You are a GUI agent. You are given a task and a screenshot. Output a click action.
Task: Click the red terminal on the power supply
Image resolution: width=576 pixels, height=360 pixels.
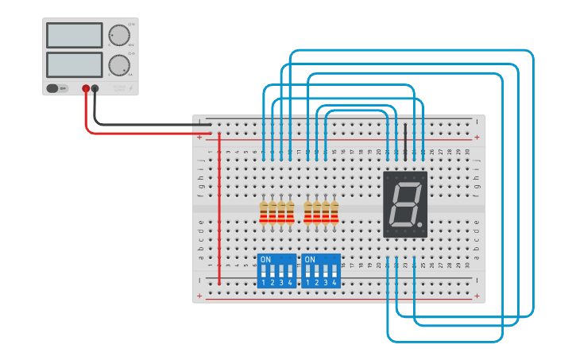pos(86,89)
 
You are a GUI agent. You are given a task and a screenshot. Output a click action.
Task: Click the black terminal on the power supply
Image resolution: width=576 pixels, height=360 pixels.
pos(95,89)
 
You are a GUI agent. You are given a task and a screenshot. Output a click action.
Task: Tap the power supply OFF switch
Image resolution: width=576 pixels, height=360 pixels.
pos(57,88)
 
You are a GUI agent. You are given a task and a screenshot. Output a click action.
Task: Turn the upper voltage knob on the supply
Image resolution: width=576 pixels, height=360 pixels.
pos(119,36)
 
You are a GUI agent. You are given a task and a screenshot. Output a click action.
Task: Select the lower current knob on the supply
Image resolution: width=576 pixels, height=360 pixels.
pos(119,64)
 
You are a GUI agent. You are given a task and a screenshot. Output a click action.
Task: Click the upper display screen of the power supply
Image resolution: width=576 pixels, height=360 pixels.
pos(75,35)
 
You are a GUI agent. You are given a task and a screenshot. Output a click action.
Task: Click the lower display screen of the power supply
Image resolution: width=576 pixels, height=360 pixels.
pos(75,64)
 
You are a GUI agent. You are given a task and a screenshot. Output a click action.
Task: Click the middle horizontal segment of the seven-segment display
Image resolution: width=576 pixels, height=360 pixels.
pos(405,204)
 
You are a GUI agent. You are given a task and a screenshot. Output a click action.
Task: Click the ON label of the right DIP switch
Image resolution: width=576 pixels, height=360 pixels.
pos(310,260)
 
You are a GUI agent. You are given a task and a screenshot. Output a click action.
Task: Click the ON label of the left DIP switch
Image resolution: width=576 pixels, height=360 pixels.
pos(265,260)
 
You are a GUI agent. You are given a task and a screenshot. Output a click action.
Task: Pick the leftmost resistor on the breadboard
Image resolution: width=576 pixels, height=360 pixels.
pos(264,211)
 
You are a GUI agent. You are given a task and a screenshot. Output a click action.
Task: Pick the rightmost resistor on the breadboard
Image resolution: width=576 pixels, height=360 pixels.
pos(334,211)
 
